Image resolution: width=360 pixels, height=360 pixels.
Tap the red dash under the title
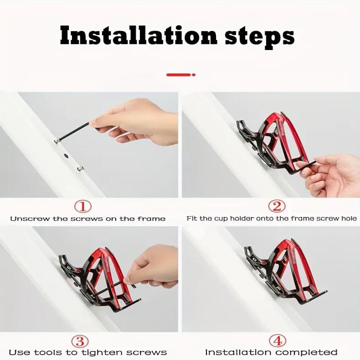coord(180,74)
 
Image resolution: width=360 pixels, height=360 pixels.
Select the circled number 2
coord(277,207)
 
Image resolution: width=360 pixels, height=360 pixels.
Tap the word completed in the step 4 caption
coord(310,352)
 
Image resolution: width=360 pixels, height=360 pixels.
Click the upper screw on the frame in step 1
coord(57,142)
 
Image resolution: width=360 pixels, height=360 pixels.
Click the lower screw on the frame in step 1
coord(80,169)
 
